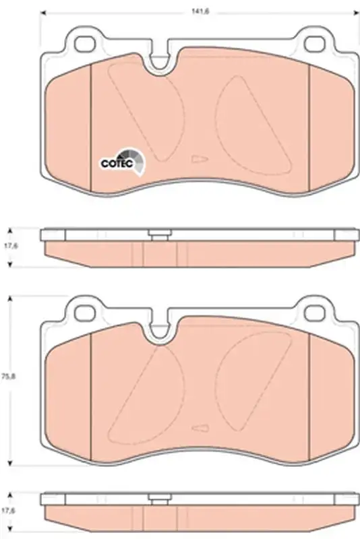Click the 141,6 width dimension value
tap(200, 11)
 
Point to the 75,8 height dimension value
tap(7, 376)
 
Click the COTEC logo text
tap(117, 164)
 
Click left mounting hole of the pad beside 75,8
tap(84, 312)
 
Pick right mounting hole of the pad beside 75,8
tap(314, 312)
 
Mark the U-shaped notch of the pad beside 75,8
tap(159, 329)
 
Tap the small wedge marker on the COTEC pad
tap(200, 159)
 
